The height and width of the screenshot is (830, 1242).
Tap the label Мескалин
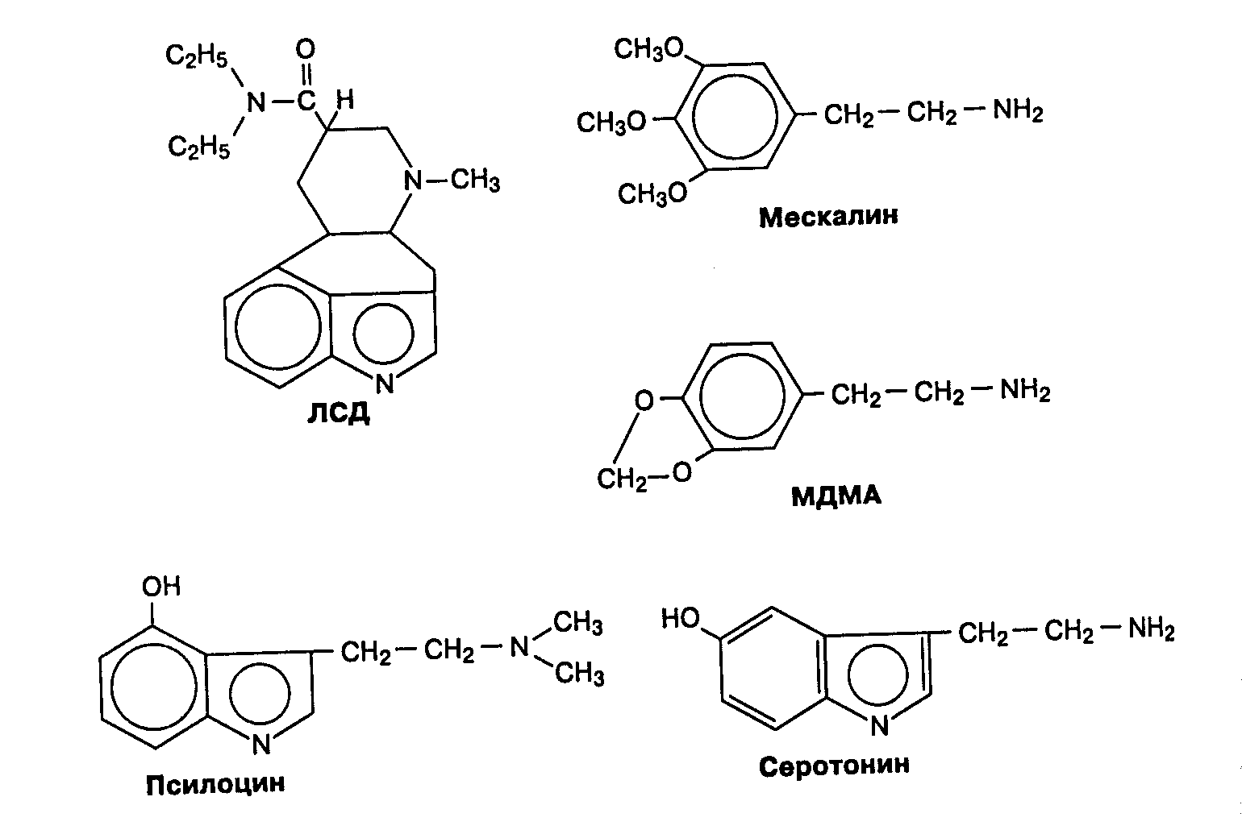(x=827, y=217)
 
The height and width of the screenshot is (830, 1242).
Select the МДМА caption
(x=836, y=496)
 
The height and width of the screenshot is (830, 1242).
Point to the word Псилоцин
(x=215, y=783)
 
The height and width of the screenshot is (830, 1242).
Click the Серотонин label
(x=834, y=764)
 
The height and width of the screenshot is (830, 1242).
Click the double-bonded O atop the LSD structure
(x=306, y=51)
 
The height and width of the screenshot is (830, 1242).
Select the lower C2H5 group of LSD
(x=198, y=147)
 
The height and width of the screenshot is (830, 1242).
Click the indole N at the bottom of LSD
(x=385, y=384)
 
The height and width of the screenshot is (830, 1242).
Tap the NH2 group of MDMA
(x=1025, y=392)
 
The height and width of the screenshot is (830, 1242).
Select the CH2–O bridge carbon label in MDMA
(x=619, y=480)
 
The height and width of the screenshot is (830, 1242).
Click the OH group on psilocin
(x=161, y=586)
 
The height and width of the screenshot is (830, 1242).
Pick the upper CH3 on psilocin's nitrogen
(x=579, y=622)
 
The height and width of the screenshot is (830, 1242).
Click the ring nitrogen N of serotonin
(x=880, y=726)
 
